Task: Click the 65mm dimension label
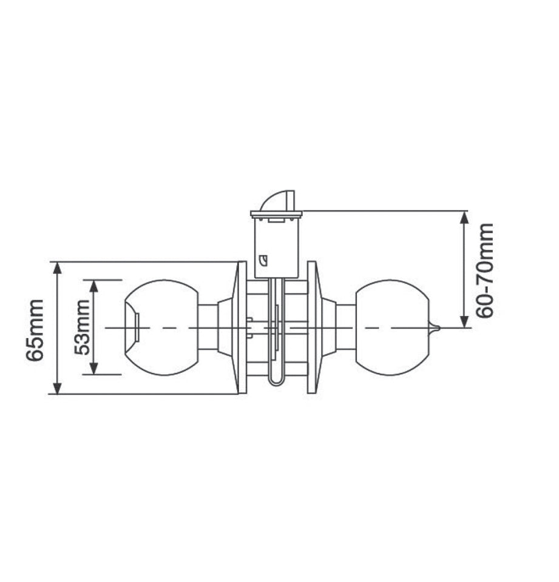pyautogui.click(x=35, y=330)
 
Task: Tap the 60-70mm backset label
pyautogui.click(x=484, y=270)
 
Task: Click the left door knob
pyautogui.click(x=161, y=327)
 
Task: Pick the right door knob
pyautogui.click(x=391, y=327)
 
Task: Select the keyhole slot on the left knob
pyautogui.click(x=137, y=327)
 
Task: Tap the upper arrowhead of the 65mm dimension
pyautogui.click(x=57, y=267)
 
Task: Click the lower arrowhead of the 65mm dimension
pyautogui.click(x=57, y=389)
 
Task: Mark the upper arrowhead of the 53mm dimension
pyautogui.click(x=94, y=285)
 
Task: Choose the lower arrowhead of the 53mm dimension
pyautogui.click(x=94, y=369)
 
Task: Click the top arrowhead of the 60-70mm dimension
pyautogui.click(x=464, y=216)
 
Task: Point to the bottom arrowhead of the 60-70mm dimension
pyautogui.click(x=464, y=322)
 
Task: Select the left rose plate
pyautogui.click(x=242, y=327)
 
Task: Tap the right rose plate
pyautogui.click(x=311, y=327)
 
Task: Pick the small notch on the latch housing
pyautogui.click(x=263, y=261)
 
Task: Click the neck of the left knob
pyautogui.click(x=208, y=327)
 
